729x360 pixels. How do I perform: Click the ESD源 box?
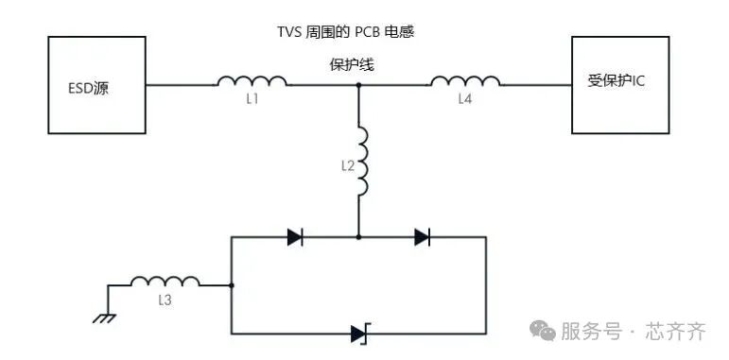point(96,85)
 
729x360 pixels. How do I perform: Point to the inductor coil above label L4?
point(465,81)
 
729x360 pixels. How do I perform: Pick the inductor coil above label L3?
point(165,282)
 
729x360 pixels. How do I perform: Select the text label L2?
point(346,165)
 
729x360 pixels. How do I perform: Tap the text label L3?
point(165,300)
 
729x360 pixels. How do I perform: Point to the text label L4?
point(465,99)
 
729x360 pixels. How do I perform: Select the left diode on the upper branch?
point(295,237)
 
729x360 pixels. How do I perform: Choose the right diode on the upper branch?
point(422,237)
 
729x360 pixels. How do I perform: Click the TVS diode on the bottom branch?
point(359,333)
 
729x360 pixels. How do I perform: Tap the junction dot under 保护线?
point(359,85)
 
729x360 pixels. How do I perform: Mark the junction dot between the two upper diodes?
point(359,237)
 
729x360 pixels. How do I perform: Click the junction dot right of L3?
point(232,284)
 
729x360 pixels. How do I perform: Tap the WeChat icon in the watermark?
point(543,331)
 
